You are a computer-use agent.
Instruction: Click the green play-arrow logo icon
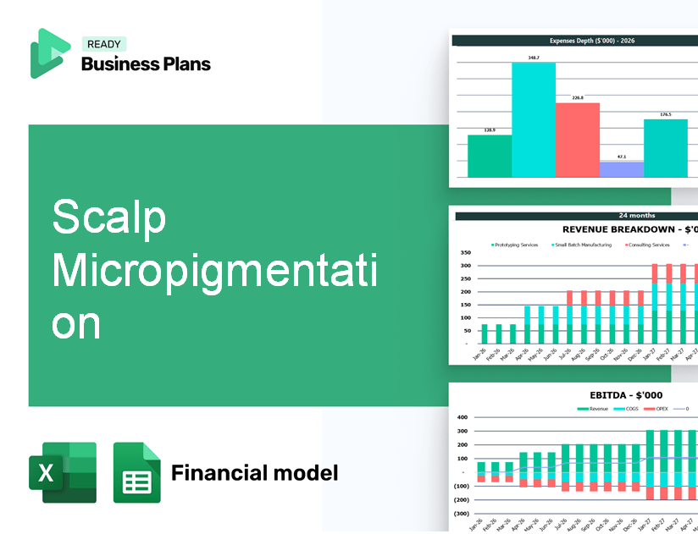click(x=49, y=53)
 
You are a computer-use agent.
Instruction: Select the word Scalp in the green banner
click(x=109, y=218)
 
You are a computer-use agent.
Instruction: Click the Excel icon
click(x=63, y=472)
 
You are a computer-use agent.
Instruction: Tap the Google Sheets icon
click(x=137, y=472)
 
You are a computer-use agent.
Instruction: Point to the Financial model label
click(x=254, y=472)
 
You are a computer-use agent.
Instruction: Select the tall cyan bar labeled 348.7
click(x=534, y=118)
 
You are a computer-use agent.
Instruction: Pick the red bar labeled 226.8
click(x=578, y=140)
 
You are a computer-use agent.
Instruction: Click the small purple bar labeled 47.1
click(x=621, y=168)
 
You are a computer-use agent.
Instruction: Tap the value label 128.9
click(x=490, y=130)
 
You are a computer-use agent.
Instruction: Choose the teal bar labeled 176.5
click(x=666, y=147)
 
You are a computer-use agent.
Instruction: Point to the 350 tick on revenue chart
click(x=465, y=252)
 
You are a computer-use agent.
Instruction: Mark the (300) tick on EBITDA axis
click(x=463, y=513)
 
